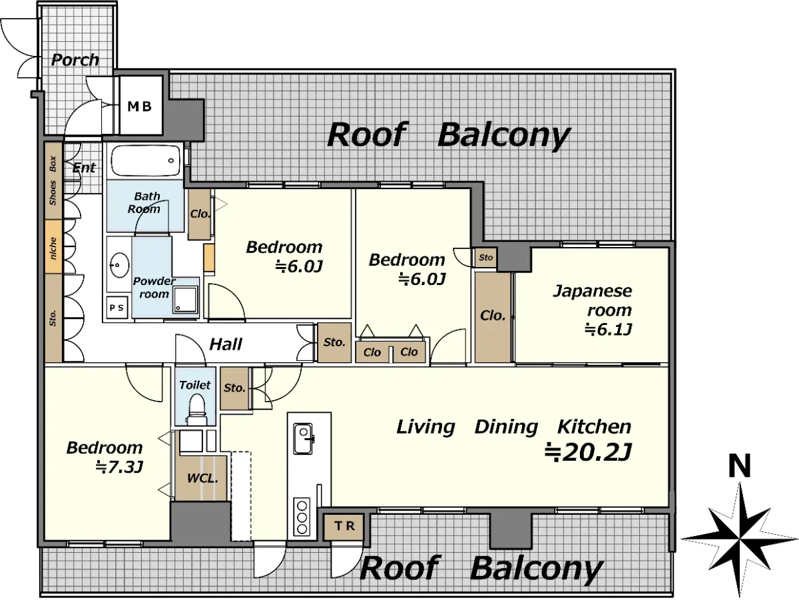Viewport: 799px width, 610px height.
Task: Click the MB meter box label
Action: [139, 107]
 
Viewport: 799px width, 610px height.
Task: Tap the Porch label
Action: [75, 60]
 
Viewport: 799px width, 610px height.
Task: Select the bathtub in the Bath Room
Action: [146, 161]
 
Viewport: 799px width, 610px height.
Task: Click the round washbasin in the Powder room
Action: [119, 264]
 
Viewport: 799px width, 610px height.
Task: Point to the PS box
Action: [117, 308]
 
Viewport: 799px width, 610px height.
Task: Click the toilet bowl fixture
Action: [196, 410]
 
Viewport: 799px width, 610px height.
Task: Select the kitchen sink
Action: [303, 439]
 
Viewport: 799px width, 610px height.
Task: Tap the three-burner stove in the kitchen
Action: [302, 517]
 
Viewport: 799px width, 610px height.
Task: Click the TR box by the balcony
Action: [344, 526]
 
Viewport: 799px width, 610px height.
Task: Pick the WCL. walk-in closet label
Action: [202, 478]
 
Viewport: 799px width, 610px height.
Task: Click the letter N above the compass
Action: [740, 465]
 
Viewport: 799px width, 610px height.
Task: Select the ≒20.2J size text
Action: [588, 453]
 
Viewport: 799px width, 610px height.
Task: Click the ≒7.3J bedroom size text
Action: [119, 467]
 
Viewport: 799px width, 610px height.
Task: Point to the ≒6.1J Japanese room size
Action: [609, 330]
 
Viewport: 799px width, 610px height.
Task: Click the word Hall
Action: [226, 344]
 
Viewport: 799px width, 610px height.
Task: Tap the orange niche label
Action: [53, 248]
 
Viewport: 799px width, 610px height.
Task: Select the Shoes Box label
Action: [53, 180]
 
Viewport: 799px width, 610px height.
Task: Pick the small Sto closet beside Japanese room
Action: [485, 258]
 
